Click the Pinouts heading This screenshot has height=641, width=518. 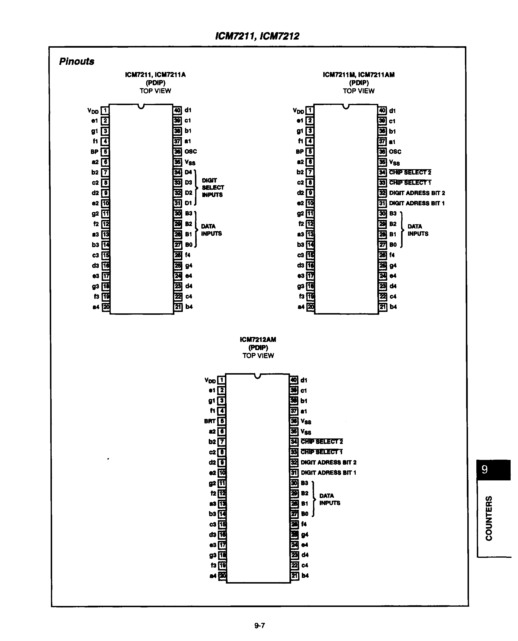[x=77, y=61]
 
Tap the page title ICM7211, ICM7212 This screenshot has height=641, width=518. [x=257, y=36]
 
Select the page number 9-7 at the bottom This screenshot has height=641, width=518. [x=259, y=625]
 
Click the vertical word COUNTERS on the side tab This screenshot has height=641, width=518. [x=489, y=519]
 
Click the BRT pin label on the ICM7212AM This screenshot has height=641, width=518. [x=209, y=421]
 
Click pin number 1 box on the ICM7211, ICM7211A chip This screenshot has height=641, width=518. [x=105, y=111]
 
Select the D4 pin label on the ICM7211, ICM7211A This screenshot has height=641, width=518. [x=188, y=172]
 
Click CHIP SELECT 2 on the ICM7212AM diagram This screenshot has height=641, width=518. [x=322, y=442]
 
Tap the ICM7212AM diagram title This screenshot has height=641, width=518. [x=258, y=340]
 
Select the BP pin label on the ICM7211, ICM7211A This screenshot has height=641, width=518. [x=94, y=152]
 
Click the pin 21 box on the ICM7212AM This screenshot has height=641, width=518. [x=294, y=575]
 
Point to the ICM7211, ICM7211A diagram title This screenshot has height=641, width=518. [x=155, y=75]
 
